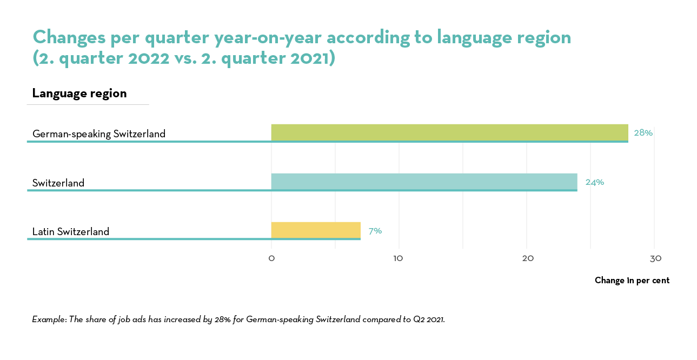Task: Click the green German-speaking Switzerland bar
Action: point(449,132)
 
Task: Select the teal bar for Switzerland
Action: point(424,182)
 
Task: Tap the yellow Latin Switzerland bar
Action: point(316,230)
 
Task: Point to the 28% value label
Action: point(643,132)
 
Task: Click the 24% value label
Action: point(594,182)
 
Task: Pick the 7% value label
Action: point(375,231)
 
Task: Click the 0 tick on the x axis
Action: point(271,258)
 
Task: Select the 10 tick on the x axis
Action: point(399,258)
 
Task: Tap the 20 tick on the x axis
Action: point(527,258)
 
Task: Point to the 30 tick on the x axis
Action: point(655,258)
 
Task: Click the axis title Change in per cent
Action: point(632,280)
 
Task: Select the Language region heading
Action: point(79,93)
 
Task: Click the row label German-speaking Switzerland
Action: point(99,134)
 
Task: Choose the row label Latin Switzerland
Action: point(71,232)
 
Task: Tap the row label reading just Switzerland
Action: point(58,183)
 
